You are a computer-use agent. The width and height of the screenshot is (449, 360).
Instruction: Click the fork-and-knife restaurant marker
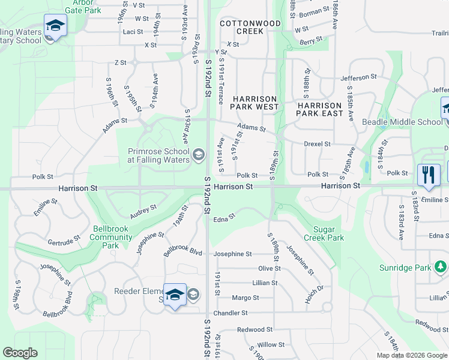429,175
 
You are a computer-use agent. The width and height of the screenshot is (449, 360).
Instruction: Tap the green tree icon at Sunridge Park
441,266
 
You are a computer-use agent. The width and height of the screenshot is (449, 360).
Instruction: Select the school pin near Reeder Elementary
175,295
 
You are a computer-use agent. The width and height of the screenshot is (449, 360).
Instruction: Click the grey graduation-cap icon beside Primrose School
197,156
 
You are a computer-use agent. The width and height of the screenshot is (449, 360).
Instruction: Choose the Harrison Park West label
255,103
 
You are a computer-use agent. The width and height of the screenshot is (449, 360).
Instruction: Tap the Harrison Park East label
322,109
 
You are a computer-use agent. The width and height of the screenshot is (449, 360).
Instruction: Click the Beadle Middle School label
402,122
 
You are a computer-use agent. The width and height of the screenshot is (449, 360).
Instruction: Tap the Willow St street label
271,345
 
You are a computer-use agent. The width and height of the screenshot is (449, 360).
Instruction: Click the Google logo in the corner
20,353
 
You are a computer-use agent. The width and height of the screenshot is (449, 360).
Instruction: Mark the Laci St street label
133,32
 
